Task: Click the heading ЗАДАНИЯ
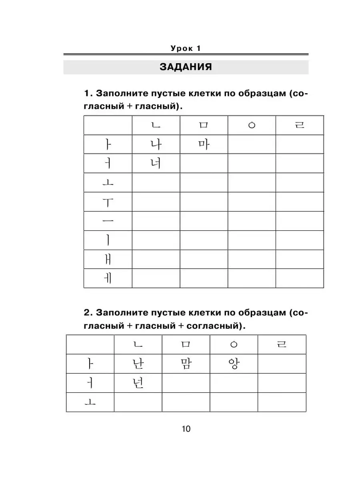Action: (186, 67)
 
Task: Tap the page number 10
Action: (186, 429)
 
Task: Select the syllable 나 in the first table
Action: (156, 144)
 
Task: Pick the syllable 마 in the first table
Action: (204, 144)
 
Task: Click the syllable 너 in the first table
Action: (156, 163)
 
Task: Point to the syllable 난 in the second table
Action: (138, 364)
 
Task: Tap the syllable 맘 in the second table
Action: (186, 364)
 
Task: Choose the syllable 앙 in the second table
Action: (234, 364)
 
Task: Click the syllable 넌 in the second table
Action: (138, 383)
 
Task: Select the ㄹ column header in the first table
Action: (300, 125)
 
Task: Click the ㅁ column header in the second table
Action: (186, 344)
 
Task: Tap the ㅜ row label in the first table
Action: (108, 202)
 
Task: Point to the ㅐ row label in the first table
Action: (108, 259)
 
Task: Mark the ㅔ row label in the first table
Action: (108, 278)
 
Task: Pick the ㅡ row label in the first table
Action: (108, 221)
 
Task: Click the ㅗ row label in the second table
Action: (90, 402)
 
